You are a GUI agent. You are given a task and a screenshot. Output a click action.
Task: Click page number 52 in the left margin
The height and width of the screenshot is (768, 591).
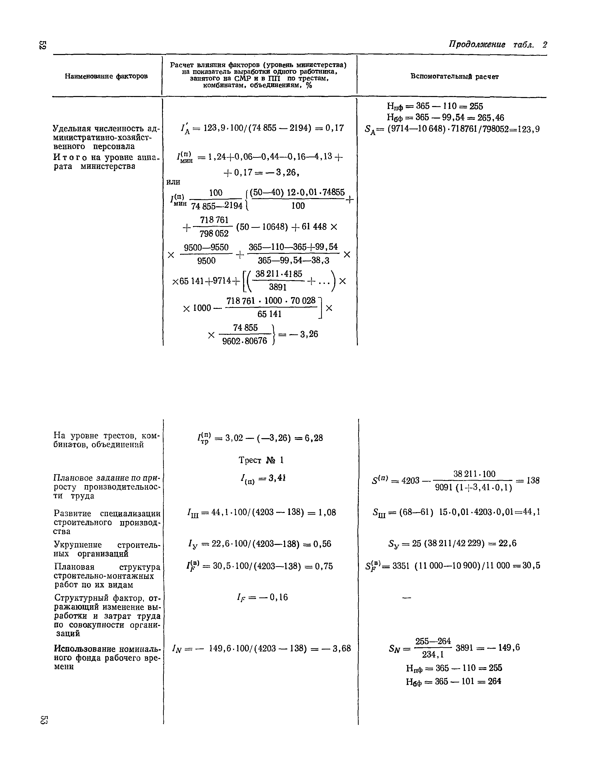pos(43,45)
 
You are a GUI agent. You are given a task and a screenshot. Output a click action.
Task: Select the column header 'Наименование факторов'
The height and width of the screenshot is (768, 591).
pos(106,76)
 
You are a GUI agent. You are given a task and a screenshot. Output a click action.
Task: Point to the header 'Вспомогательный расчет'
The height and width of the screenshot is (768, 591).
pos(454,76)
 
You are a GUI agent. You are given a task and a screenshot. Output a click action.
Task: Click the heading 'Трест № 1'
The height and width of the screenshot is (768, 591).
pos(261,460)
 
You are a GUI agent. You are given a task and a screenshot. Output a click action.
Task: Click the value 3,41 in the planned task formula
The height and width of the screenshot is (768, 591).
pos(277,478)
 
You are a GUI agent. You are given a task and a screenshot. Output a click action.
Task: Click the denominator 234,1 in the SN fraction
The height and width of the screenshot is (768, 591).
pos(433,654)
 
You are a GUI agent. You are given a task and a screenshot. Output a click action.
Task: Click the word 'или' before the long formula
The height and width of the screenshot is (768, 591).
pos(173,182)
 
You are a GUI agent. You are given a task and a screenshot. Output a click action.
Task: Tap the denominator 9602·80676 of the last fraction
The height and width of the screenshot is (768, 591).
pos(245,341)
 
